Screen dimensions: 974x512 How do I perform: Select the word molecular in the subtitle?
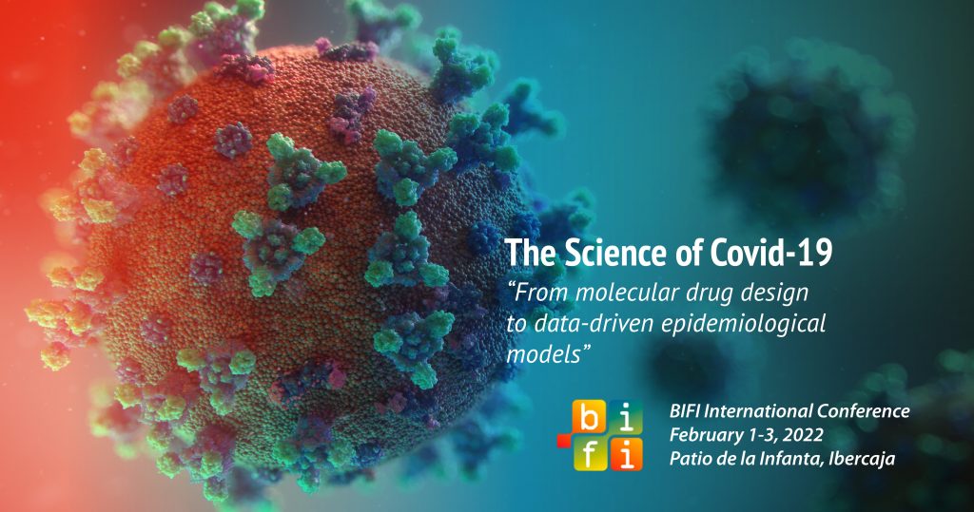[629, 293]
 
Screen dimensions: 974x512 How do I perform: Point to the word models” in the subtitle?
[547, 355]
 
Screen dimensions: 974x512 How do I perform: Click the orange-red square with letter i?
[628, 455]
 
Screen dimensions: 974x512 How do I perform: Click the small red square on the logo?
[564, 440]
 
